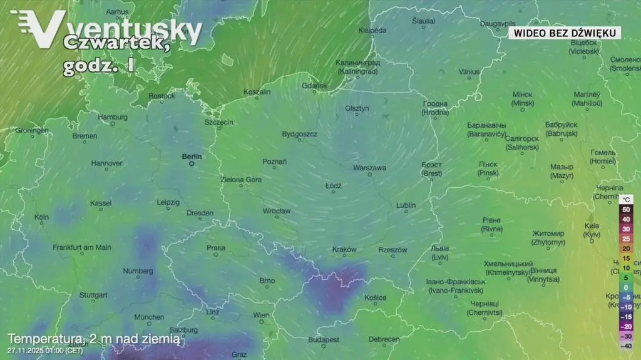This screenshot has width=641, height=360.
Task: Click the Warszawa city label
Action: (369, 168)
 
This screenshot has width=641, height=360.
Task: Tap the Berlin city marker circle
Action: (192, 164)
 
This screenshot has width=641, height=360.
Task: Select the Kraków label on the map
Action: (344, 249)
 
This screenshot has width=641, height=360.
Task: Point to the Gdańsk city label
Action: (314, 85)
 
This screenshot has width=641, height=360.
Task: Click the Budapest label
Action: (324, 339)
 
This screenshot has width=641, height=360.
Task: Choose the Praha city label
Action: (216, 248)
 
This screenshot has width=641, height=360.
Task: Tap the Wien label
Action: (261, 315)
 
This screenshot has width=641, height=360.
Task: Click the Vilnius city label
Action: (469, 72)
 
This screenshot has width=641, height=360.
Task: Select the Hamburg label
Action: (113, 116)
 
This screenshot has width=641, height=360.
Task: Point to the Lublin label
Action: (406, 205)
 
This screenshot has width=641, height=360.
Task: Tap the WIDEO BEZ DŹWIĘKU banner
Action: (565, 33)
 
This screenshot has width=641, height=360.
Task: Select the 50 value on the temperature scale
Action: (626, 210)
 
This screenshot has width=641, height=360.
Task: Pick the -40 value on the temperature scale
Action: (626, 346)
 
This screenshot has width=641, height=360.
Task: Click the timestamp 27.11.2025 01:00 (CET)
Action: (45, 350)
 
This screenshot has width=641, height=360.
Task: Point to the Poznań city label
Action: (274, 162)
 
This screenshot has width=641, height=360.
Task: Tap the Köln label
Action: (42, 217)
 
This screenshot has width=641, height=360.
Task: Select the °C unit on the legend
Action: (627, 200)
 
